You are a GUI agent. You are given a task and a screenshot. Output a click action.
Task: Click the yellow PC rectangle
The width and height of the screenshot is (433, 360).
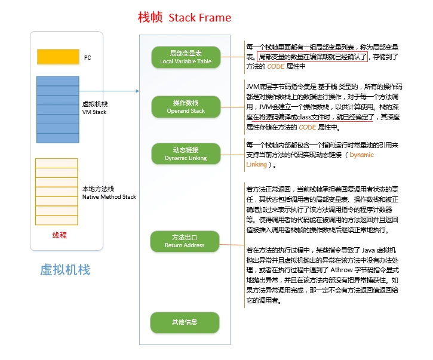pyautogui.click(x=58, y=57)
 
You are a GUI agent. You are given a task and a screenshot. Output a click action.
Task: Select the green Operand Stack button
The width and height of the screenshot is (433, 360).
pyautogui.click(x=186, y=107)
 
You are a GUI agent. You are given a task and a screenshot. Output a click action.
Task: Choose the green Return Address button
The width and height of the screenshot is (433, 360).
pyautogui.click(x=186, y=241)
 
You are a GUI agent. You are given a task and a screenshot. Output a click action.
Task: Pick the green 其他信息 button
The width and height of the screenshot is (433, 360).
pyautogui.click(x=186, y=322)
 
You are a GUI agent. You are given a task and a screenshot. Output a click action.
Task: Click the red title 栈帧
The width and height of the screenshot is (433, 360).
pyautogui.click(x=150, y=17)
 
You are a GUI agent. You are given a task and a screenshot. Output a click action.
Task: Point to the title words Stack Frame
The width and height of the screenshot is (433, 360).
pyautogui.click(x=199, y=17)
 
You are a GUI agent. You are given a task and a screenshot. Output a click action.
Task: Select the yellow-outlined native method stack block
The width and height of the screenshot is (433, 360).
pyautogui.click(x=57, y=191)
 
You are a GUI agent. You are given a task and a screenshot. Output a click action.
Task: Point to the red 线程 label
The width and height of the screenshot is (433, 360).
pyautogui.click(x=60, y=235)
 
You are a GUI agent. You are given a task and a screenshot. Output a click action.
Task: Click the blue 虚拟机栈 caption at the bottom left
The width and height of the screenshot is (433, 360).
pyautogui.click(x=65, y=269)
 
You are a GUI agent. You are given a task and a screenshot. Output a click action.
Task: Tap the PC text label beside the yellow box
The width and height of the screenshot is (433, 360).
pyautogui.click(x=87, y=57)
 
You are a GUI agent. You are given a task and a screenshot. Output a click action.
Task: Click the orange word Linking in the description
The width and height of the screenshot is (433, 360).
pyautogui.click(x=257, y=164)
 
